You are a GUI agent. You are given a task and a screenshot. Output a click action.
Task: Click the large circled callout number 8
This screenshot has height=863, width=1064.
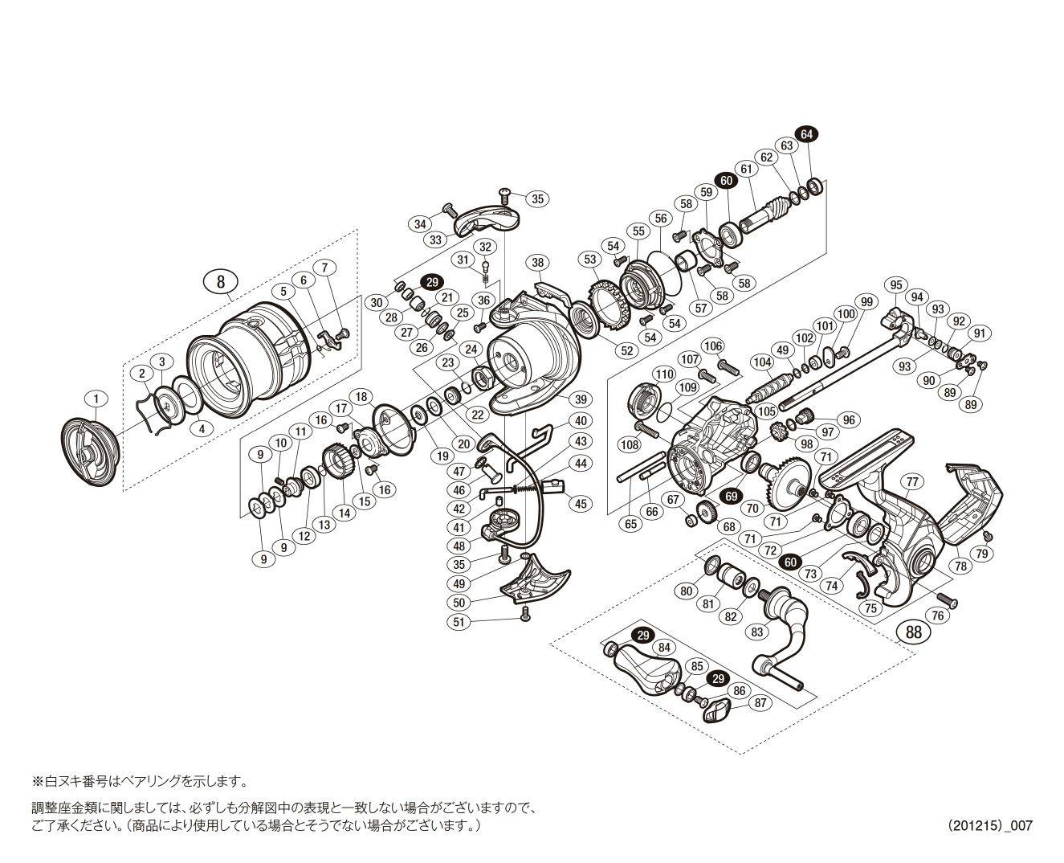point(221,280)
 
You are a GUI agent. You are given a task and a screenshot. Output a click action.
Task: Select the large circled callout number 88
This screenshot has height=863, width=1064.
point(914,632)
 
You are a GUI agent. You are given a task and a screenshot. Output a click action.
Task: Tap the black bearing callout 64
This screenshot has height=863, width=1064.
point(806,134)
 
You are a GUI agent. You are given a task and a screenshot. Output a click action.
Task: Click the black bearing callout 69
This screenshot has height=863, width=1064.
point(731,496)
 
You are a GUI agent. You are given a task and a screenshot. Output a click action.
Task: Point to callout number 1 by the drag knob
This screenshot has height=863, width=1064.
point(96,399)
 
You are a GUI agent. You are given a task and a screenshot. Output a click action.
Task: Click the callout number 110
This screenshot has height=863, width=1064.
point(663,374)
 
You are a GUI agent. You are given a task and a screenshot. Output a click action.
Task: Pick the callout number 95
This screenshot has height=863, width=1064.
point(896,285)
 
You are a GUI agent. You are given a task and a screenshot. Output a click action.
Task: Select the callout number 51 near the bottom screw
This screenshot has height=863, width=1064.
point(459,622)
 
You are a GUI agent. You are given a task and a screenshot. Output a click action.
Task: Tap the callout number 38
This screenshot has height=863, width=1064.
point(537,262)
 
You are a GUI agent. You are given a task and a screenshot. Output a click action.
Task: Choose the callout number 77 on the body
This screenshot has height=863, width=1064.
point(911,482)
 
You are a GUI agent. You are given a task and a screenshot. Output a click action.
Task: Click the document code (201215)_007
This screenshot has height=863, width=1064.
point(989,825)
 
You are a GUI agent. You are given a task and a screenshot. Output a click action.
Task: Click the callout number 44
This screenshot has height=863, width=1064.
point(581,463)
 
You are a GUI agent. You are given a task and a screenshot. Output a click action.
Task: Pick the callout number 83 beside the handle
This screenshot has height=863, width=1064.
point(757,632)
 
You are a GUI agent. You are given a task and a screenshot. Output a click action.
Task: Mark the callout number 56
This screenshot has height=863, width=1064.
point(660,219)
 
